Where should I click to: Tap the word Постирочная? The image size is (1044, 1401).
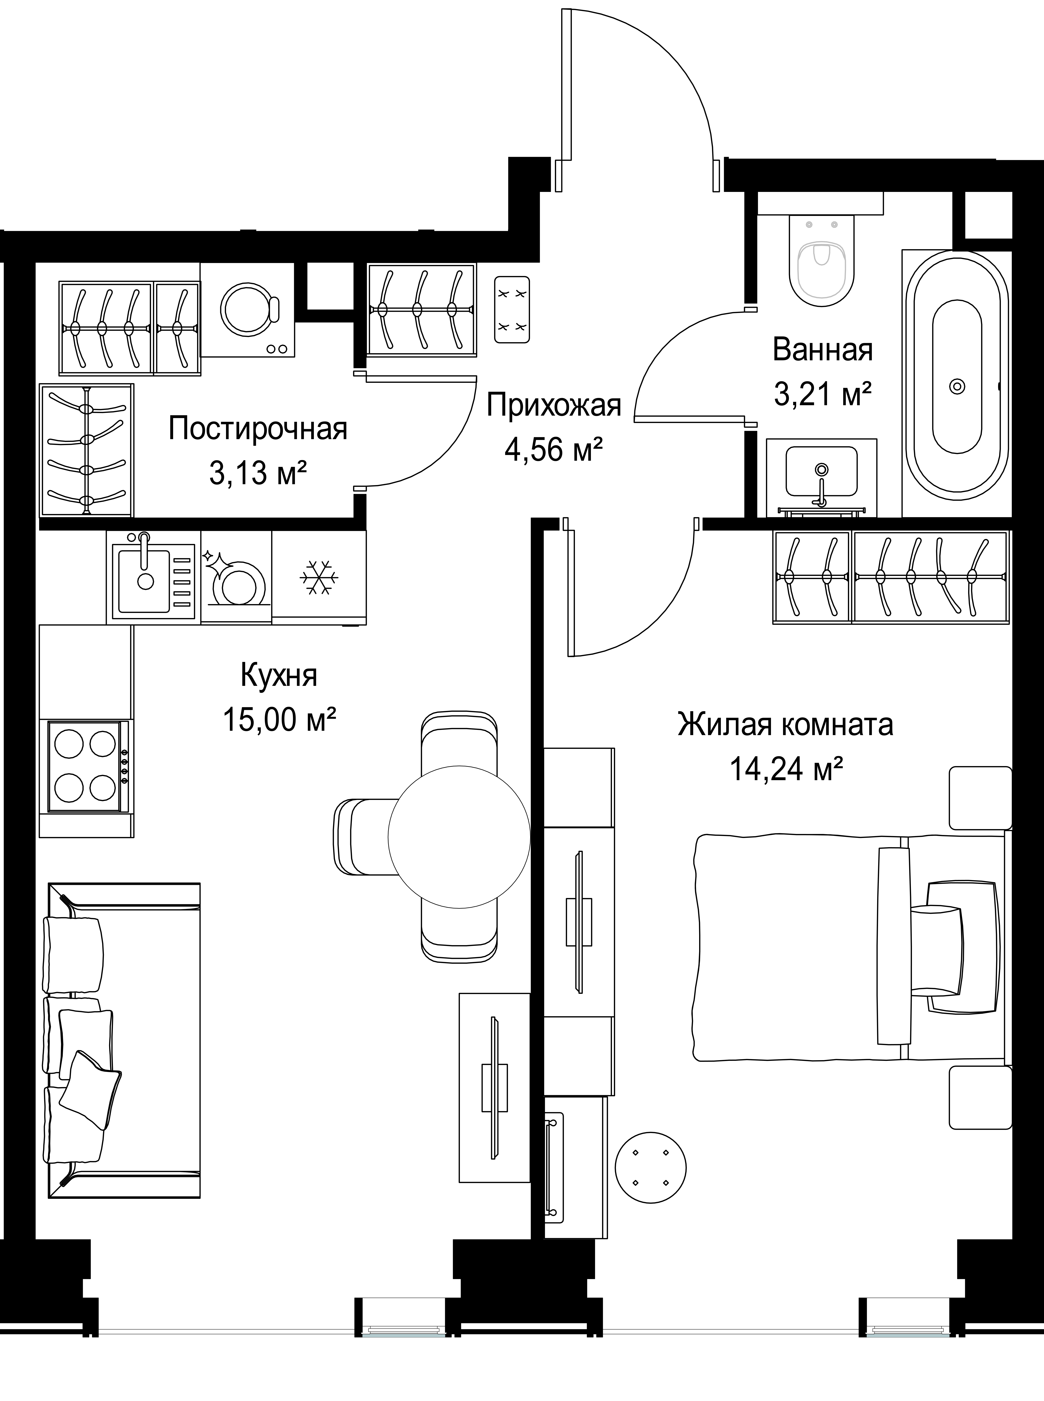(x=258, y=429)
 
